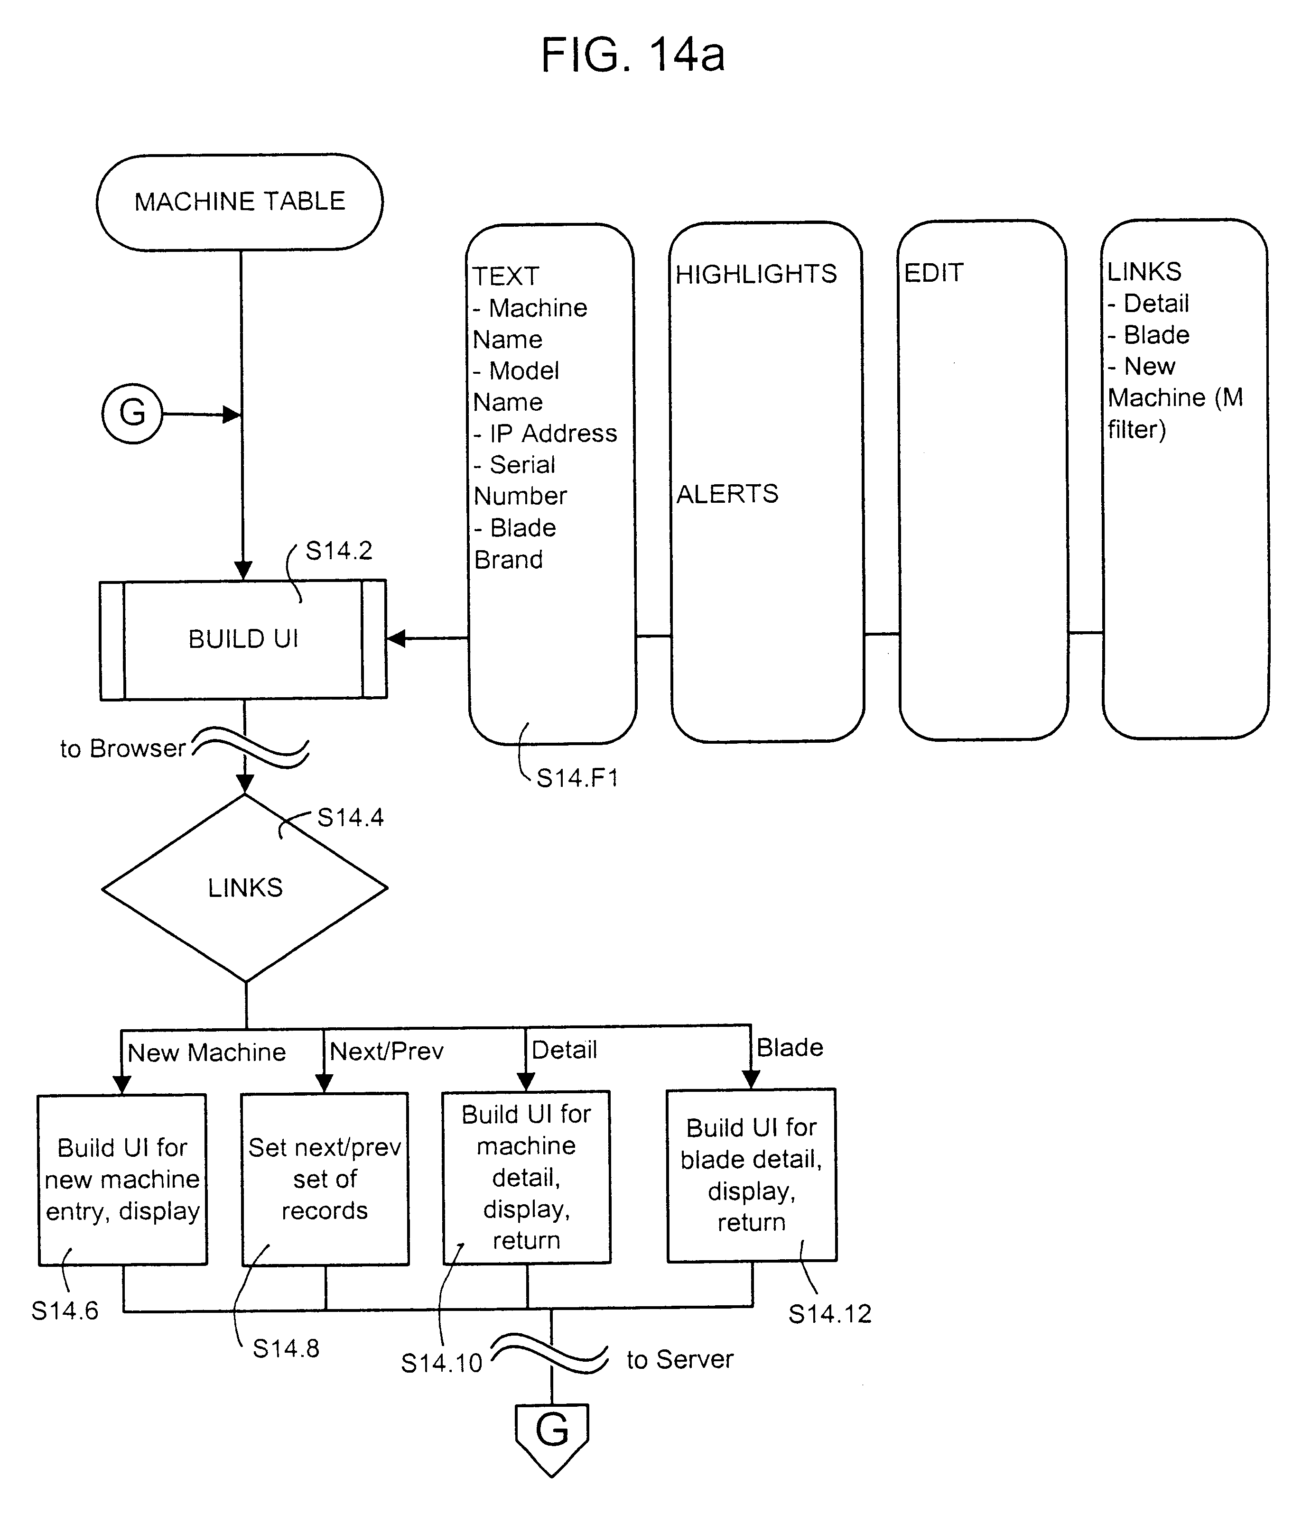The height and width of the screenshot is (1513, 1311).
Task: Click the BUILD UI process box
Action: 243,639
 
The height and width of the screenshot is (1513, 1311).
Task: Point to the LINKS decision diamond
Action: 245,888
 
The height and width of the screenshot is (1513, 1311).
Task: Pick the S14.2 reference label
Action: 339,551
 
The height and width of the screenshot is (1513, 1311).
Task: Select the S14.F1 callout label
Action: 577,778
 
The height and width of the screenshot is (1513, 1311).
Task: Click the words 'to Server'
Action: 679,1359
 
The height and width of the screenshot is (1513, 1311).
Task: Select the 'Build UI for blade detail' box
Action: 751,1175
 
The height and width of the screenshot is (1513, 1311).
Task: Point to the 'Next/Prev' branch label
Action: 386,1051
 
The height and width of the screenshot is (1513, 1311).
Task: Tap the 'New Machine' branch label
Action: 206,1052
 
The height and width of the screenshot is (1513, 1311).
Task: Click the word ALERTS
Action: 727,494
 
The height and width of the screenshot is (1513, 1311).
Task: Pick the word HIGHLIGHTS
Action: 756,274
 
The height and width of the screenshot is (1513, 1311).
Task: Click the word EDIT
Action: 933,273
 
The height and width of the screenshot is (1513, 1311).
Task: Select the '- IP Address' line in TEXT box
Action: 545,434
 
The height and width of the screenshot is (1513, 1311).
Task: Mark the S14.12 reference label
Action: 829,1314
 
